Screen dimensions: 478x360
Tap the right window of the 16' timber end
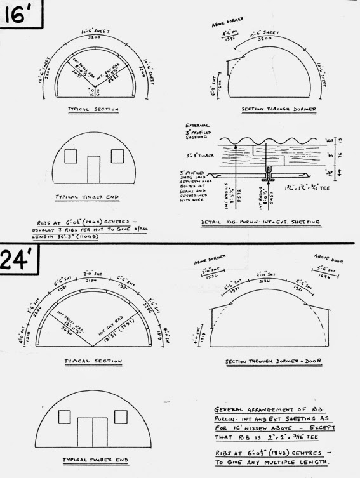click(117, 156)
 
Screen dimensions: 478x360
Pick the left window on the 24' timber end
click(63, 417)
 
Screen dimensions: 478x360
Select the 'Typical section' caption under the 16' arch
click(93, 110)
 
